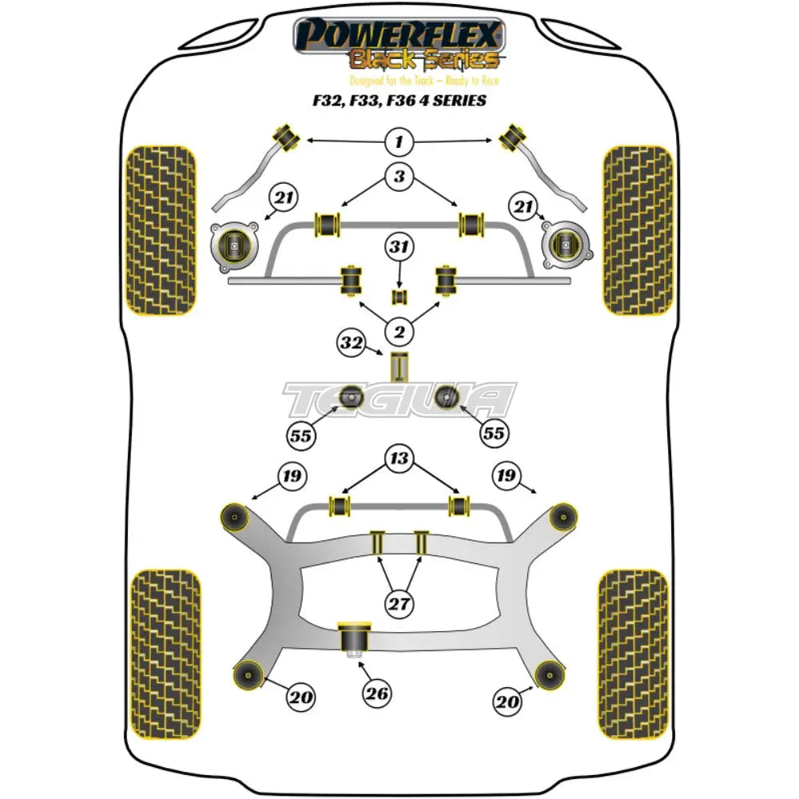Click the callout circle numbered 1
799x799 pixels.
399,144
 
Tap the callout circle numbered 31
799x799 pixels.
400,248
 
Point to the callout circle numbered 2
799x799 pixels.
399,328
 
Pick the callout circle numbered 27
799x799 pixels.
399,603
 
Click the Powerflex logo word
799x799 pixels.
399,35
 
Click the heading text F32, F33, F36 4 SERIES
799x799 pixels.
399,101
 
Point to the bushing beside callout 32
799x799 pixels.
399,365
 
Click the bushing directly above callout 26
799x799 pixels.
352,638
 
